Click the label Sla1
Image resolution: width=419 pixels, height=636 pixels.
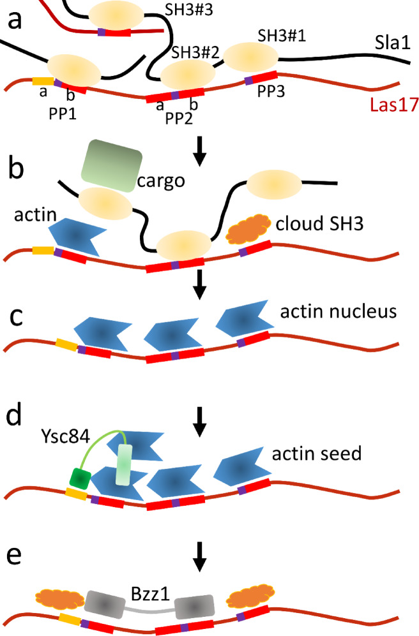tap(393, 43)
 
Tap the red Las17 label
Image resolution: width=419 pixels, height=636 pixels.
tap(394, 105)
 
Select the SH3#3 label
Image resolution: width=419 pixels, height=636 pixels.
tap(189, 10)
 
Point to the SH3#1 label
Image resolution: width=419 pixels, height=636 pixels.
tap(282, 36)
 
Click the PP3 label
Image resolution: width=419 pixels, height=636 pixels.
tap(271, 92)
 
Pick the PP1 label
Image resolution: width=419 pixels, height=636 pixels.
tap(63, 114)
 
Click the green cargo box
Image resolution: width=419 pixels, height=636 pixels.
tap(112, 165)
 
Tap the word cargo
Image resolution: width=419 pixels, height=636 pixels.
tap(161, 181)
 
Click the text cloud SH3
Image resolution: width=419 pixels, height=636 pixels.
tap(319, 223)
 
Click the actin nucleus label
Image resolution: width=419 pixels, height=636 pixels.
tap(339, 311)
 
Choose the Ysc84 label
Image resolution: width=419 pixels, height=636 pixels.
tap(65, 436)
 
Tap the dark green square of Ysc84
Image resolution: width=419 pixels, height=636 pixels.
tap(80, 478)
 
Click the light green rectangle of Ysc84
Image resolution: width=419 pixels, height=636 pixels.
tap(125, 464)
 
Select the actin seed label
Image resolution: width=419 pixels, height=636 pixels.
tap(317, 454)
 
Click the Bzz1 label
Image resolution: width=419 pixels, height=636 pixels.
tap(150, 595)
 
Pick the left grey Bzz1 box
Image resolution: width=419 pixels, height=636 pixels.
tap(104, 604)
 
